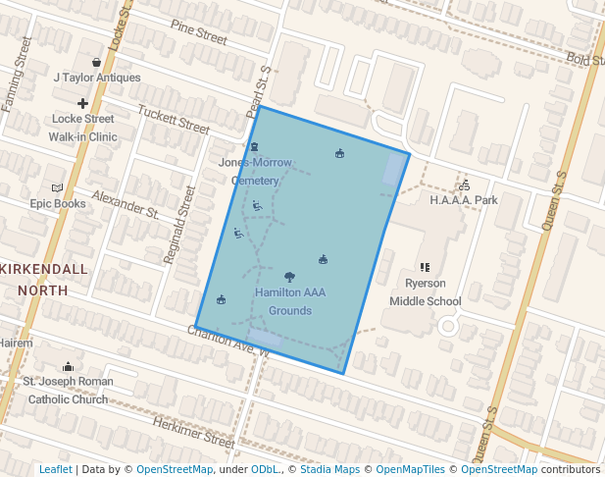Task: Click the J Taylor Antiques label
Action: coord(97,78)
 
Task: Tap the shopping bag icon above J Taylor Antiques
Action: coord(96,62)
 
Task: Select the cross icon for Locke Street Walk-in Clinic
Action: coord(82,103)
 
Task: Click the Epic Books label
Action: coord(57,204)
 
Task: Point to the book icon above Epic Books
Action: coord(57,187)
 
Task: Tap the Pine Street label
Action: coord(198,32)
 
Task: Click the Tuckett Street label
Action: coord(174,120)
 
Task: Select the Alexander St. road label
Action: coord(126,203)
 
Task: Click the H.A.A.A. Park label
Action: coord(464,200)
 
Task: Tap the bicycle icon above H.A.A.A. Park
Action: coord(465,184)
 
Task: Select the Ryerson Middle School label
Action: coord(425,292)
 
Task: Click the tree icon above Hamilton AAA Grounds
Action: coord(289,277)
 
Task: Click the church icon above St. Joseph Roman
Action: coord(68,366)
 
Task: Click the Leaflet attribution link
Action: coord(55,469)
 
